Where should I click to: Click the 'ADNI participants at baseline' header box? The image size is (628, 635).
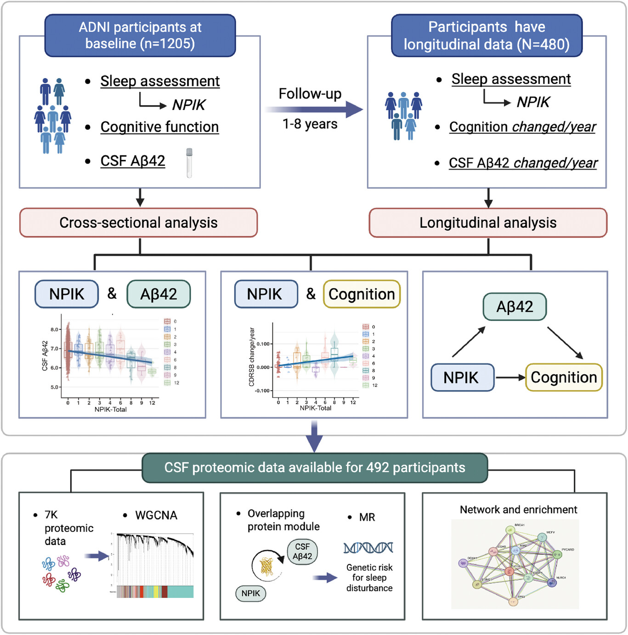[x=140, y=35]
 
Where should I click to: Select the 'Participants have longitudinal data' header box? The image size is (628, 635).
[x=487, y=35]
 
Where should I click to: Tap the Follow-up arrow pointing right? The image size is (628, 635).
[x=314, y=109]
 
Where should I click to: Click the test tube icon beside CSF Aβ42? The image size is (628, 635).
[x=189, y=163]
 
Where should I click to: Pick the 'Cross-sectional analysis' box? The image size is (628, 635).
[x=138, y=223]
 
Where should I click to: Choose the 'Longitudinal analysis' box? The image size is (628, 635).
[x=488, y=223]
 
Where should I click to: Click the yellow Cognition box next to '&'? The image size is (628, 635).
[x=362, y=294]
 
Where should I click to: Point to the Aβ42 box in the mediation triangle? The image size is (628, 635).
[x=515, y=307]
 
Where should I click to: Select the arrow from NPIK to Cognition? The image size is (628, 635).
[x=510, y=377]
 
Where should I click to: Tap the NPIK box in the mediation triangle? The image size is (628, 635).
[x=462, y=377]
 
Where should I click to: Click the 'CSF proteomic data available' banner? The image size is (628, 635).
[x=315, y=468]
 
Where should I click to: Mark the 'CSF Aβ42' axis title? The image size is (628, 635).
[x=45, y=356]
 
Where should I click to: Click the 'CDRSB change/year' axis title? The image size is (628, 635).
[x=252, y=357]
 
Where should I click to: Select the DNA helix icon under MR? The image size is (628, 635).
[x=368, y=547]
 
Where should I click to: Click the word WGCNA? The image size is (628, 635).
[x=156, y=516]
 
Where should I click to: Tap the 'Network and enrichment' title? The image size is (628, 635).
[x=518, y=510]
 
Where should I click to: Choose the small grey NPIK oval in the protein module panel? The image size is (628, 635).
[x=251, y=593]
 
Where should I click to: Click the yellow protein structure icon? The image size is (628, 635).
[x=267, y=567]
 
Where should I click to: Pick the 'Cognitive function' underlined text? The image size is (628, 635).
[x=159, y=127]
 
